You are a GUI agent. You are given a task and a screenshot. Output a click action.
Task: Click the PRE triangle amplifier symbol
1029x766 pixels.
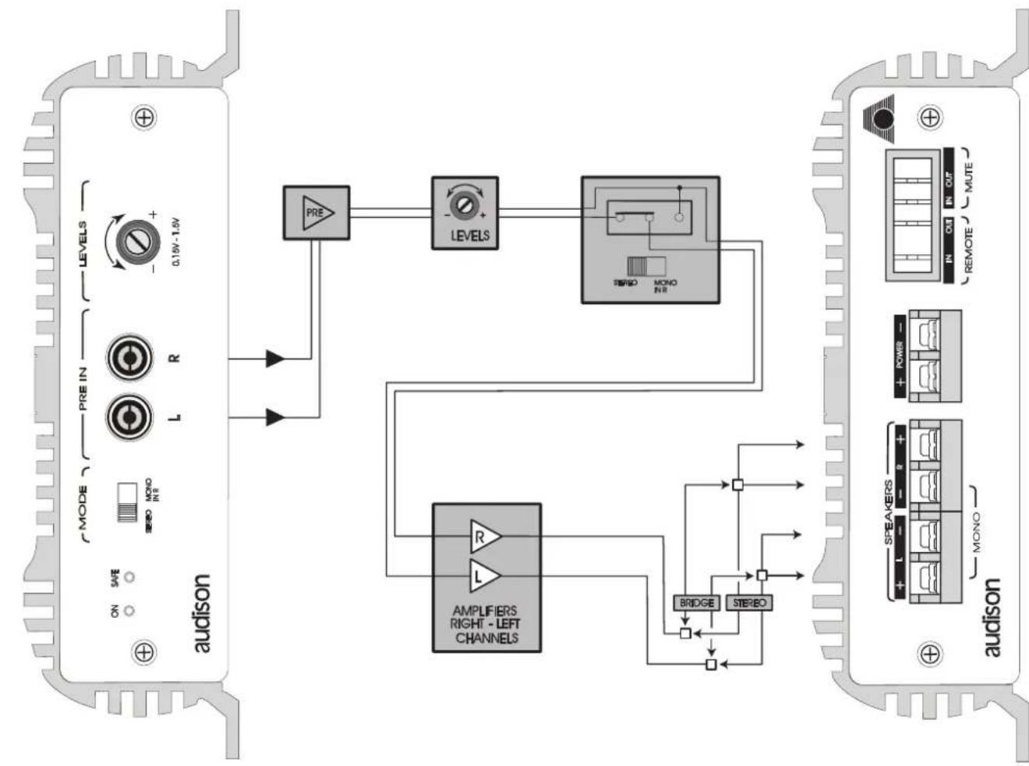click(x=316, y=212)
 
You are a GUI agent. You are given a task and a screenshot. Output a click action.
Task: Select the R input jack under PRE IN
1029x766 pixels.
click(x=125, y=359)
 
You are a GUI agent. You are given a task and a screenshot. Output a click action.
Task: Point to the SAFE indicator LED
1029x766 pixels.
click(x=130, y=577)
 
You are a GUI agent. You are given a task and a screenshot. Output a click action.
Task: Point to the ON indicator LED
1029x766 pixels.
click(x=130, y=611)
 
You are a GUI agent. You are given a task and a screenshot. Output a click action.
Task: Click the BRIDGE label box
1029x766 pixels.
click(x=696, y=603)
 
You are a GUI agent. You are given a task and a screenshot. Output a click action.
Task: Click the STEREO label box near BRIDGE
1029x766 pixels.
click(x=749, y=603)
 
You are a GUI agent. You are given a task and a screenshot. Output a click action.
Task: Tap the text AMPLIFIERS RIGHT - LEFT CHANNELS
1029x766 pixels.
click(x=486, y=624)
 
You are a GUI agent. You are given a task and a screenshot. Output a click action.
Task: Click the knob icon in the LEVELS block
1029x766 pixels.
click(x=465, y=204)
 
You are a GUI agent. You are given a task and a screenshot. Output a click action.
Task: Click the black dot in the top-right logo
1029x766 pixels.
click(x=882, y=119)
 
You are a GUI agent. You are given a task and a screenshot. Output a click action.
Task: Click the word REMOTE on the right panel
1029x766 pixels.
click(x=969, y=249)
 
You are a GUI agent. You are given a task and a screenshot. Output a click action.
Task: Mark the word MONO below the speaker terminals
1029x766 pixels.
click(x=977, y=532)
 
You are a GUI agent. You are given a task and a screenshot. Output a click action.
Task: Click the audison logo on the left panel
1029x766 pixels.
click(x=201, y=614)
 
